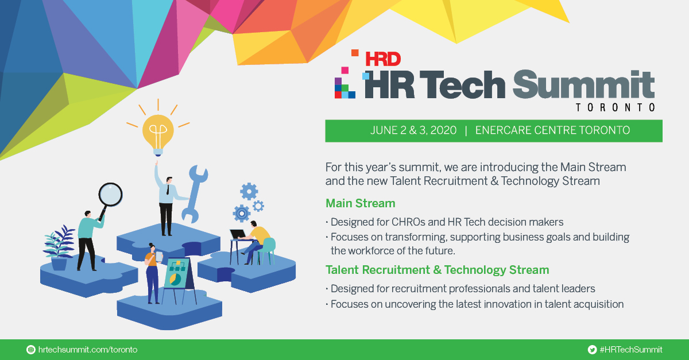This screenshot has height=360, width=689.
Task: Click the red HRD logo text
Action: coord(382,59)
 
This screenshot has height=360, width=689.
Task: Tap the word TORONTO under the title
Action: coord(615,107)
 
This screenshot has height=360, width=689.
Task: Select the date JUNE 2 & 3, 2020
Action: coord(413,130)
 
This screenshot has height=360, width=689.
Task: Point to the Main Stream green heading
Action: coord(360,203)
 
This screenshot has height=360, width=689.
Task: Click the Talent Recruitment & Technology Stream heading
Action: coord(437,270)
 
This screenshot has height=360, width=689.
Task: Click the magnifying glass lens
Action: coord(110,194)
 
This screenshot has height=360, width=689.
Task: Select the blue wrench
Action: coord(193,193)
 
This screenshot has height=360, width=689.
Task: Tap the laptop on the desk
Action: coord(237,234)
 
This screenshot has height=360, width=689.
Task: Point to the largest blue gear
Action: coord(242,213)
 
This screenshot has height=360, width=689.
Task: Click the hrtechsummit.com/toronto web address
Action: coord(87,350)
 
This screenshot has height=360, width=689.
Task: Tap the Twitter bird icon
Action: coord(592,350)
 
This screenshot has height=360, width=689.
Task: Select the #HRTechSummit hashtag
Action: coord(630,350)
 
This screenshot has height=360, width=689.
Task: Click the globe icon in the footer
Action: coord(31,350)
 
